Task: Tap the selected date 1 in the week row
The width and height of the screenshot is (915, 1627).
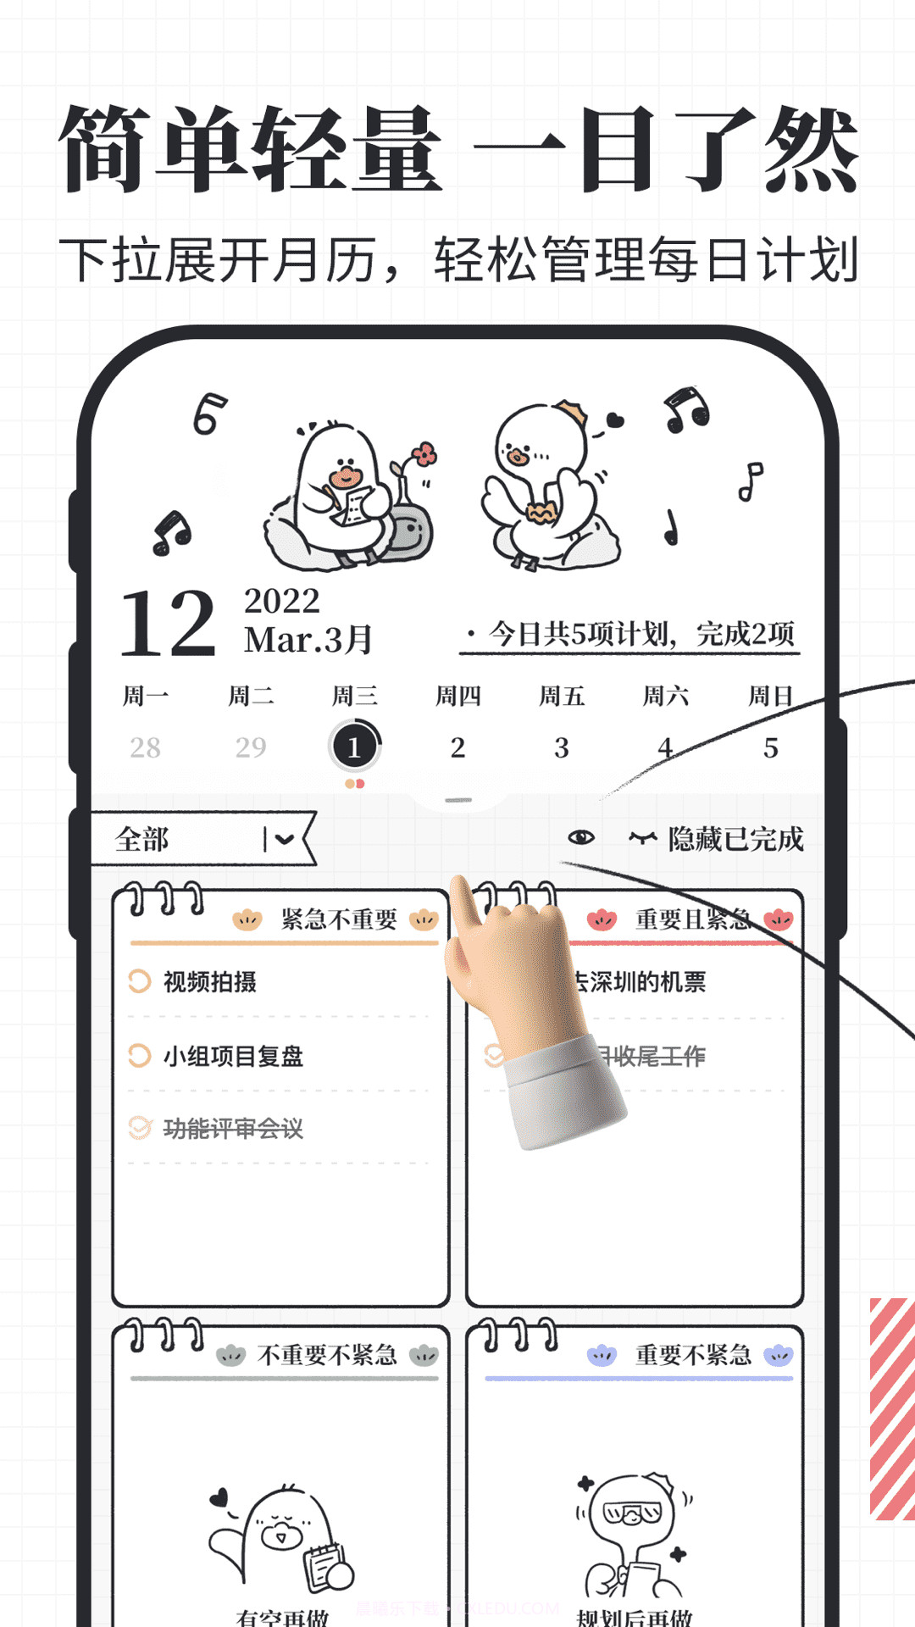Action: (x=354, y=747)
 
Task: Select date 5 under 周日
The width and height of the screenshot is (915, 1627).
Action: (x=770, y=747)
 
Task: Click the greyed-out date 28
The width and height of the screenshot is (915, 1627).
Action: (x=145, y=747)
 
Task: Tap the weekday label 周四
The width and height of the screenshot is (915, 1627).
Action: (x=457, y=697)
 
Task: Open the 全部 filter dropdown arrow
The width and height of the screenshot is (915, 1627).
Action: (x=284, y=839)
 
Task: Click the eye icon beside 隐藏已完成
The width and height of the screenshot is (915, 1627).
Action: (x=581, y=838)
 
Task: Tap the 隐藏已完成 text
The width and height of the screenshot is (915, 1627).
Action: (x=735, y=839)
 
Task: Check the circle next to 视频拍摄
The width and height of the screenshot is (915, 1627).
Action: (x=139, y=981)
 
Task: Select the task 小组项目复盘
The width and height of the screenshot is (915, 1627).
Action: (x=233, y=1056)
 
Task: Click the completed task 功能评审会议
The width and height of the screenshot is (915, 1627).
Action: (x=233, y=1128)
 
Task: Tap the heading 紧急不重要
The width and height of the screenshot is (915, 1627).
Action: (x=339, y=919)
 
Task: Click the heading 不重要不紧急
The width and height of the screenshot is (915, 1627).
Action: (x=327, y=1355)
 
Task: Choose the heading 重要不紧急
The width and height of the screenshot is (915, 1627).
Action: (x=693, y=1355)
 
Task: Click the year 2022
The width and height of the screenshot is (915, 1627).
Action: (x=282, y=601)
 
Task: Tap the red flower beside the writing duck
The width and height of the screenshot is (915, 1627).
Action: (x=424, y=454)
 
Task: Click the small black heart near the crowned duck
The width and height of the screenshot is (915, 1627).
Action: (x=615, y=419)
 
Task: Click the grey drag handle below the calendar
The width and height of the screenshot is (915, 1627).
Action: (x=457, y=800)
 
